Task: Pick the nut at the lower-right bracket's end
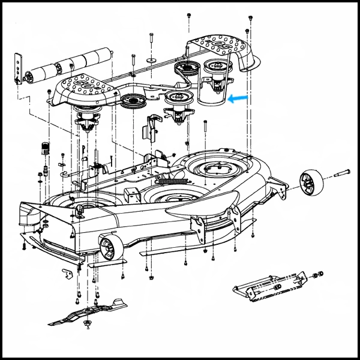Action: [x=319, y=276]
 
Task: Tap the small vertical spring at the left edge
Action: [x=43, y=148]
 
